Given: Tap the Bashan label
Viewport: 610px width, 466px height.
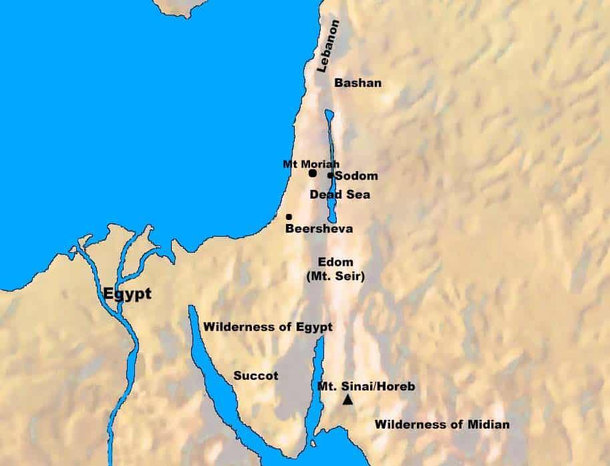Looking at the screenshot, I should (357, 83).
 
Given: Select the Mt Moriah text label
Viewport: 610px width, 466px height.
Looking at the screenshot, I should (311, 163).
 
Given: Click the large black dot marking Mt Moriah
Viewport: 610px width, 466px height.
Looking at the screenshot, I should (313, 173).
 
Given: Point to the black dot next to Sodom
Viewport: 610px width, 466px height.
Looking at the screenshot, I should (330, 176).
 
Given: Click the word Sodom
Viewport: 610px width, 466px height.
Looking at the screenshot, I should (356, 177).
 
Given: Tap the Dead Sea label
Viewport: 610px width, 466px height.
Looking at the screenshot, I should (339, 195).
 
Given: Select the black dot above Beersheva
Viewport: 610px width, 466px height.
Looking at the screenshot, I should (289, 217).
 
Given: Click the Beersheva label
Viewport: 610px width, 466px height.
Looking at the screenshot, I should (319, 229).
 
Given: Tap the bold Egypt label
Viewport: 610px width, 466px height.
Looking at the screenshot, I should (127, 294).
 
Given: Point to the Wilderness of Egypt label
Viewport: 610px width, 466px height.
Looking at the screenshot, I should (268, 327).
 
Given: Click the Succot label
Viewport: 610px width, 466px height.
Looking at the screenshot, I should (255, 376).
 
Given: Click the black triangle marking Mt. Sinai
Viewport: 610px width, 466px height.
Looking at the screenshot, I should (347, 400).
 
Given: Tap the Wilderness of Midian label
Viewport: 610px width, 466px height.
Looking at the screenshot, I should (442, 424).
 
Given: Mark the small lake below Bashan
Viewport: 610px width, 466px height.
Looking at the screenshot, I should (328, 119).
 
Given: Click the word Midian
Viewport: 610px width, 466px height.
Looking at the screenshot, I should (488, 424).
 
